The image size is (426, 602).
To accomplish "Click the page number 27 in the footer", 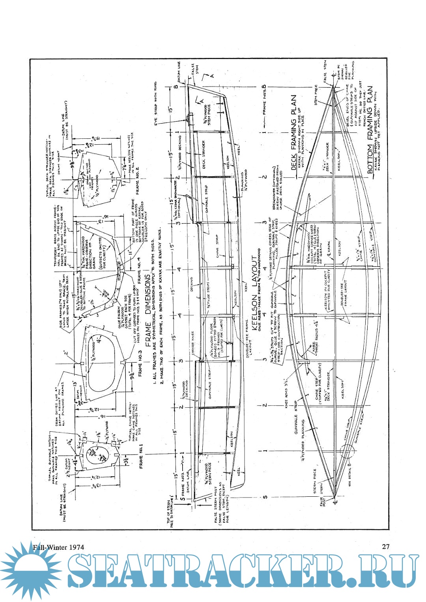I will click(386, 546).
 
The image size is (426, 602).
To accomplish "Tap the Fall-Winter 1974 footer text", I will click(58, 547).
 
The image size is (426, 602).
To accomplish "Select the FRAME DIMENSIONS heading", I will click(148, 311).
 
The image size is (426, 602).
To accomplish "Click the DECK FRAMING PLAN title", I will click(293, 132).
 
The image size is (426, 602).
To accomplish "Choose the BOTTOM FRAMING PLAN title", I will click(370, 130).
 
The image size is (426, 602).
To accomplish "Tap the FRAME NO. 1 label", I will click(141, 456).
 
